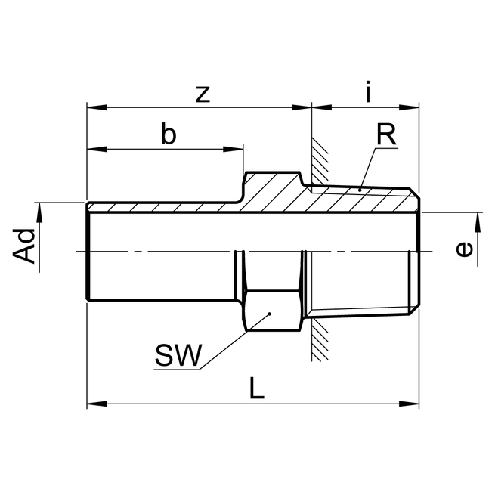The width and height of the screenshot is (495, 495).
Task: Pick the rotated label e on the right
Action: pos(466,248)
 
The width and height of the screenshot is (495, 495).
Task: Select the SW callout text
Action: pos(178,354)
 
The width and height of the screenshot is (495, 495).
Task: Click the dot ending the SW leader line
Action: pos(269,313)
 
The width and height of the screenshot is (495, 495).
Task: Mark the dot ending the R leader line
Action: pos(360,187)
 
